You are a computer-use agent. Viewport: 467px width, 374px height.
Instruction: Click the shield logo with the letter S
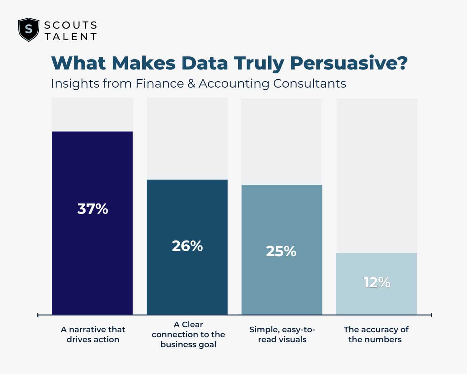tap(29, 30)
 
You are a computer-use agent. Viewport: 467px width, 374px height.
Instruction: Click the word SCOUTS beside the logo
tap(71, 25)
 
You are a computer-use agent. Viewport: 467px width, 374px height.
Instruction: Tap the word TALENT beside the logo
tap(71, 37)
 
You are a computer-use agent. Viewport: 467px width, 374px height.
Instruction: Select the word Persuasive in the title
tap(344, 63)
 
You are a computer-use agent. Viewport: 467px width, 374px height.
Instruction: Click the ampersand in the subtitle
tap(191, 84)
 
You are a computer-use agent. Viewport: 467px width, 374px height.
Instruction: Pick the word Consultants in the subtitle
tap(309, 84)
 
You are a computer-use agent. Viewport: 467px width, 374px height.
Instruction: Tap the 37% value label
tap(92, 209)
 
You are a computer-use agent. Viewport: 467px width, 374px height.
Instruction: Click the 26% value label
tap(187, 246)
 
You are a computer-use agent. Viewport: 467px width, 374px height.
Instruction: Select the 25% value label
tap(281, 251)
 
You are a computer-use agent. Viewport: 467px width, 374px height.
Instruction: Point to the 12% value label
tap(377, 282)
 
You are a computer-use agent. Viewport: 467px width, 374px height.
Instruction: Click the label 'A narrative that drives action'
tap(93, 334)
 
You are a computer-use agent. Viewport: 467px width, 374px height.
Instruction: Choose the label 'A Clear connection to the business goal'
tap(188, 334)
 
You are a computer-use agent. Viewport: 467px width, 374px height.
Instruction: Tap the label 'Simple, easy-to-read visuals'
tap(282, 334)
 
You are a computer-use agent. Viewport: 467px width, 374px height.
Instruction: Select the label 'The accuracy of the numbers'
tap(376, 334)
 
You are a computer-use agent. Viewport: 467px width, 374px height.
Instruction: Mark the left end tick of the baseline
tap(38, 315)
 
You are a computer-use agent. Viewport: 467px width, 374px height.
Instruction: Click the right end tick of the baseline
tap(432, 315)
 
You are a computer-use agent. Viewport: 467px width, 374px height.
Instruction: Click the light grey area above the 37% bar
tap(92, 115)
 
